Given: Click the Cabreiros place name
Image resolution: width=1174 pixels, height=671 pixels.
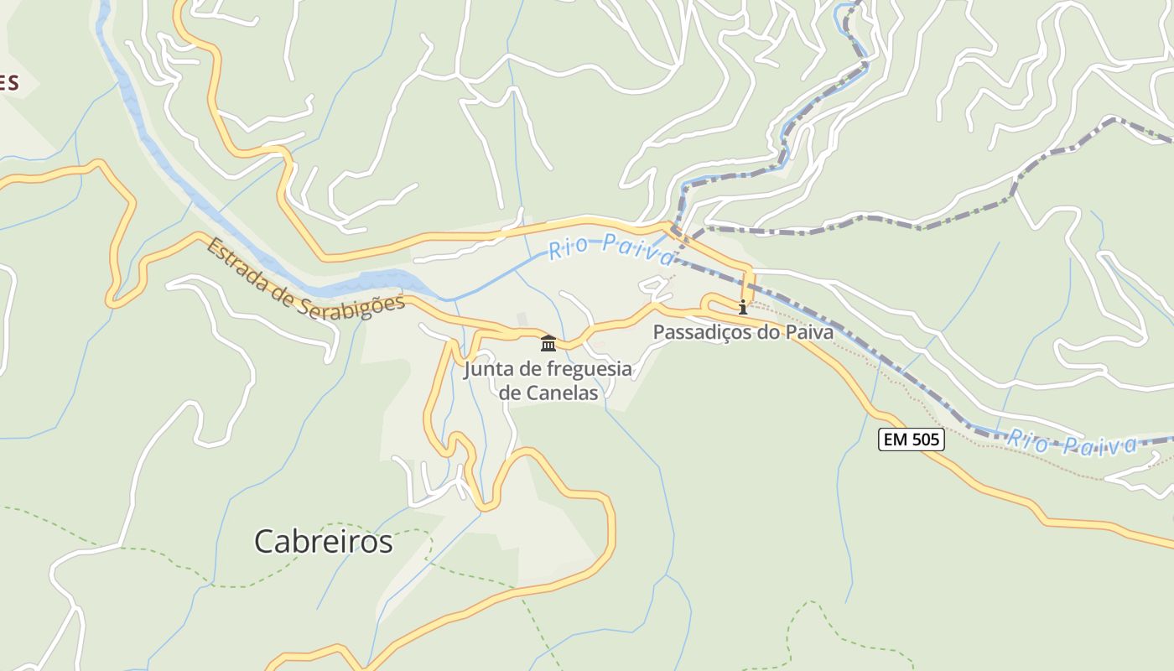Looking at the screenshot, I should point(323,542).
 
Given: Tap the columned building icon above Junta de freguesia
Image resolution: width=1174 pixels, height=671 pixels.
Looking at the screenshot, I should point(548,343).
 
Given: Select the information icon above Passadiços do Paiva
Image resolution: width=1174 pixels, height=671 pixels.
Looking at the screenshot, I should point(742,307).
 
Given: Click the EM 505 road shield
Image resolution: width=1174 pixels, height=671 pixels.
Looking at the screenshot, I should point(912,439).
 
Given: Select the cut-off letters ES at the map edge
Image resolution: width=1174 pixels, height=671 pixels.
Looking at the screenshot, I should point(8,82).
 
